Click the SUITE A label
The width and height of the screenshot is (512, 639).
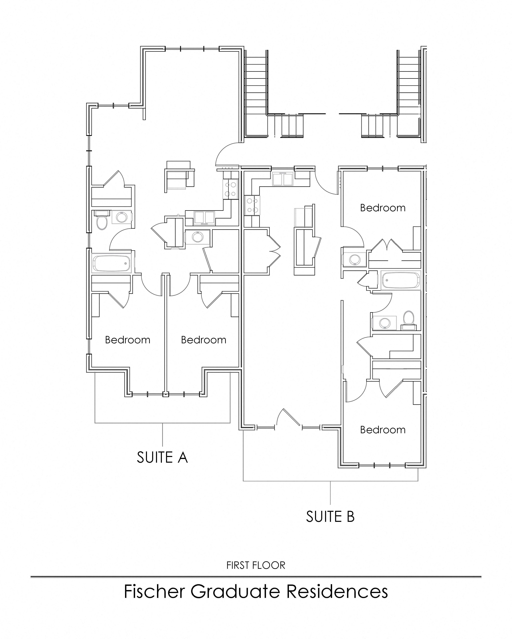click(x=162, y=457)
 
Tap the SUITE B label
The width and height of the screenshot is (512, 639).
click(x=330, y=517)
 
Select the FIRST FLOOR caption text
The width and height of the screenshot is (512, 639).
click(x=256, y=565)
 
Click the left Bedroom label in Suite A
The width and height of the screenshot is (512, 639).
click(x=128, y=340)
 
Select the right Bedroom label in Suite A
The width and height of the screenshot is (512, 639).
click(x=204, y=340)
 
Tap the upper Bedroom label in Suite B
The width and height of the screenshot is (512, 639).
click(x=383, y=208)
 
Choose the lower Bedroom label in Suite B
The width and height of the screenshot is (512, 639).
click(x=383, y=430)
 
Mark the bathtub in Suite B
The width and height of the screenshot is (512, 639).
click(x=400, y=280)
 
